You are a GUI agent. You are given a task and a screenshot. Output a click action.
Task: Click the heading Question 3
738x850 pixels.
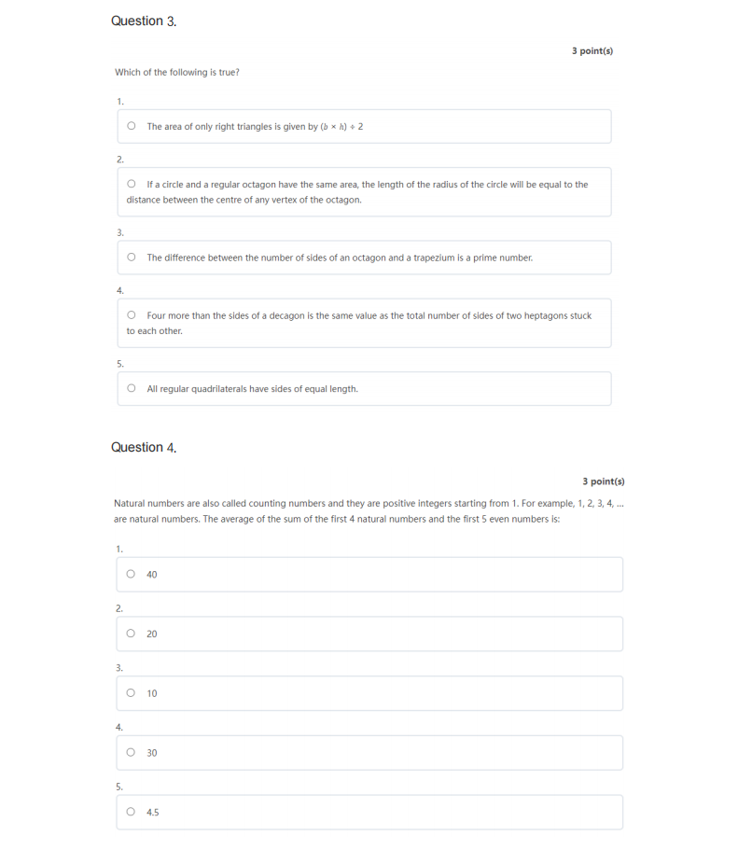tap(144, 21)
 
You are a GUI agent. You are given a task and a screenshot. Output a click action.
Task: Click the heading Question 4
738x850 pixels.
tap(144, 447)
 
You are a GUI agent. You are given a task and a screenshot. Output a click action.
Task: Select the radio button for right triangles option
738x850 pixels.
tap(132, 126)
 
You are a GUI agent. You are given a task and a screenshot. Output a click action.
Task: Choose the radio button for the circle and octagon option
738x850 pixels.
tap(132, 185)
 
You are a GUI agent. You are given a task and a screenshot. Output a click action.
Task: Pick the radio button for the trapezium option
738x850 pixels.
tap(132, 258)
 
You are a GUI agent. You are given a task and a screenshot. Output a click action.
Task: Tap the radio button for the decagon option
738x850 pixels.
tap(132, 315)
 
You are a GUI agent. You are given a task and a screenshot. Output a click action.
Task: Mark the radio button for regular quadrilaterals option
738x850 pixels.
tap(132, 388)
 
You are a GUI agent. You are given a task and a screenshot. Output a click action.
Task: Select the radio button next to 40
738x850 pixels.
tap(131, 574)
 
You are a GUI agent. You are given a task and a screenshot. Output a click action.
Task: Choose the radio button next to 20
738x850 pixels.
tap(131, 634)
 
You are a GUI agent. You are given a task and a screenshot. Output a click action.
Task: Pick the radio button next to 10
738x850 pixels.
tap(131, 692)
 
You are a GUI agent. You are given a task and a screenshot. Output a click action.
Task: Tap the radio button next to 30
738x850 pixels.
tap(131, 752)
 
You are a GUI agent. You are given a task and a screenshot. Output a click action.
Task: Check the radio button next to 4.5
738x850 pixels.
tap(131, 812)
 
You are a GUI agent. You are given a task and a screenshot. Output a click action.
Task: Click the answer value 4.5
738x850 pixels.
tap(153, 813)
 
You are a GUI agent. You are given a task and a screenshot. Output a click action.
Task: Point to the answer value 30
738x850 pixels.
tap(152, 753)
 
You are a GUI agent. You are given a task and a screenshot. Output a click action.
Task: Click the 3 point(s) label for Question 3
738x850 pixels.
tap(592, 51)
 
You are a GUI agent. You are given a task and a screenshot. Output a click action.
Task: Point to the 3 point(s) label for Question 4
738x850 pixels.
tap(604, 481)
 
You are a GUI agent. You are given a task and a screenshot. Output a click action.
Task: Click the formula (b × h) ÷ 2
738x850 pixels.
tap(341, 127)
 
